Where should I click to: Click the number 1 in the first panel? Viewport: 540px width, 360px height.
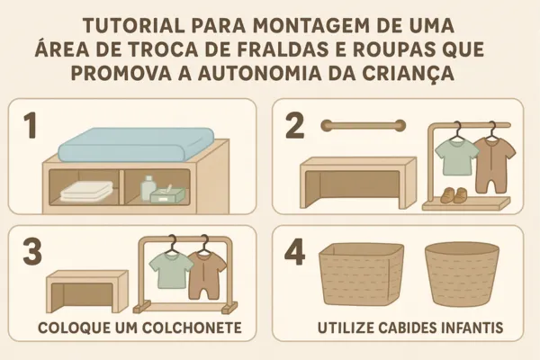[31, 126]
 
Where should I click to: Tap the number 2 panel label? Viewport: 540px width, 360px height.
[295, 126]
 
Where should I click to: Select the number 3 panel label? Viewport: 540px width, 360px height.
[32, 253]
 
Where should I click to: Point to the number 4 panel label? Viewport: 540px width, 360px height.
[295, 253]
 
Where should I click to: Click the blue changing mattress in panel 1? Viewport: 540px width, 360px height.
[136, 144]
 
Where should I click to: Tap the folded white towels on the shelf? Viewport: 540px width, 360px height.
[86, 191]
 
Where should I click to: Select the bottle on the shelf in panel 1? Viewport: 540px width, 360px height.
[148, 187]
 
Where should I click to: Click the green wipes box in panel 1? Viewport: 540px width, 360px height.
[167, 194]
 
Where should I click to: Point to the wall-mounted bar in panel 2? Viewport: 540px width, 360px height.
[364, 125]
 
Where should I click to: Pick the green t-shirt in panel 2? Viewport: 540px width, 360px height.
[457, 157]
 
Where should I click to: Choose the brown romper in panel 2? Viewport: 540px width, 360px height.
[494, 165]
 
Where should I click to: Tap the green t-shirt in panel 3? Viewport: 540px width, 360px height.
[171, 270]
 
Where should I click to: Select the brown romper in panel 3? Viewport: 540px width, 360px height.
[208, 274]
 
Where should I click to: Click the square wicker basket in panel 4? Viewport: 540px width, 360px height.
[362, 274]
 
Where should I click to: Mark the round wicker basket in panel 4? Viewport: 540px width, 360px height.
[463, 274]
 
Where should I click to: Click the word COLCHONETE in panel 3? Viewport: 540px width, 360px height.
[192, 328]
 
